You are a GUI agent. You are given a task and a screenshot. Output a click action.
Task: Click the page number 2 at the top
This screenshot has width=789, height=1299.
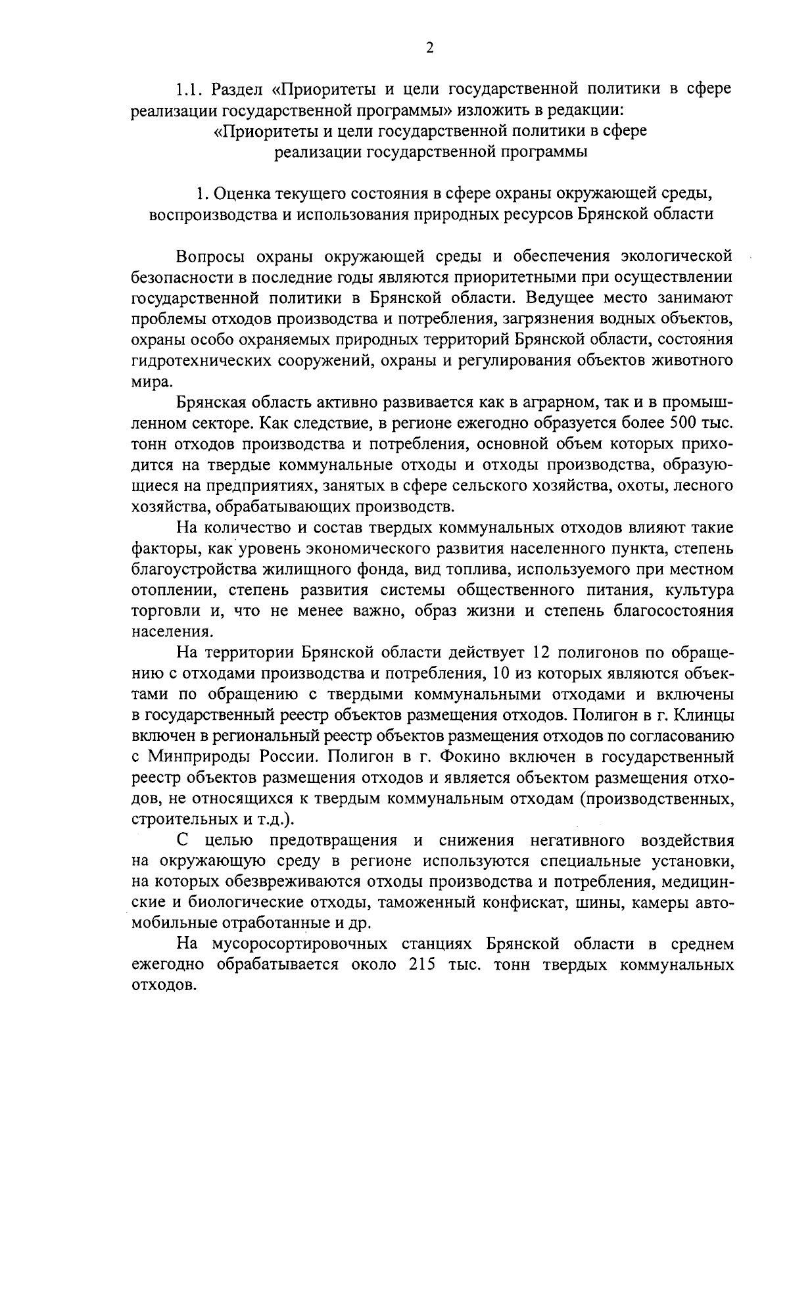click(x=429, y=47)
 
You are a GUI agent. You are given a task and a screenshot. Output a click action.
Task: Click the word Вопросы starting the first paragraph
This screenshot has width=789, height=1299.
click(x=210, y=255)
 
